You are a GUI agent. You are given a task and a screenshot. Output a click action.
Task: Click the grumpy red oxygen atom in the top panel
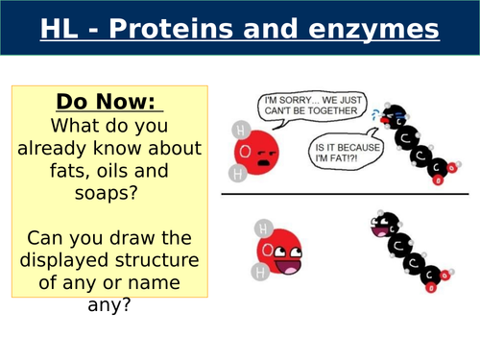click(x=256, y=153)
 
